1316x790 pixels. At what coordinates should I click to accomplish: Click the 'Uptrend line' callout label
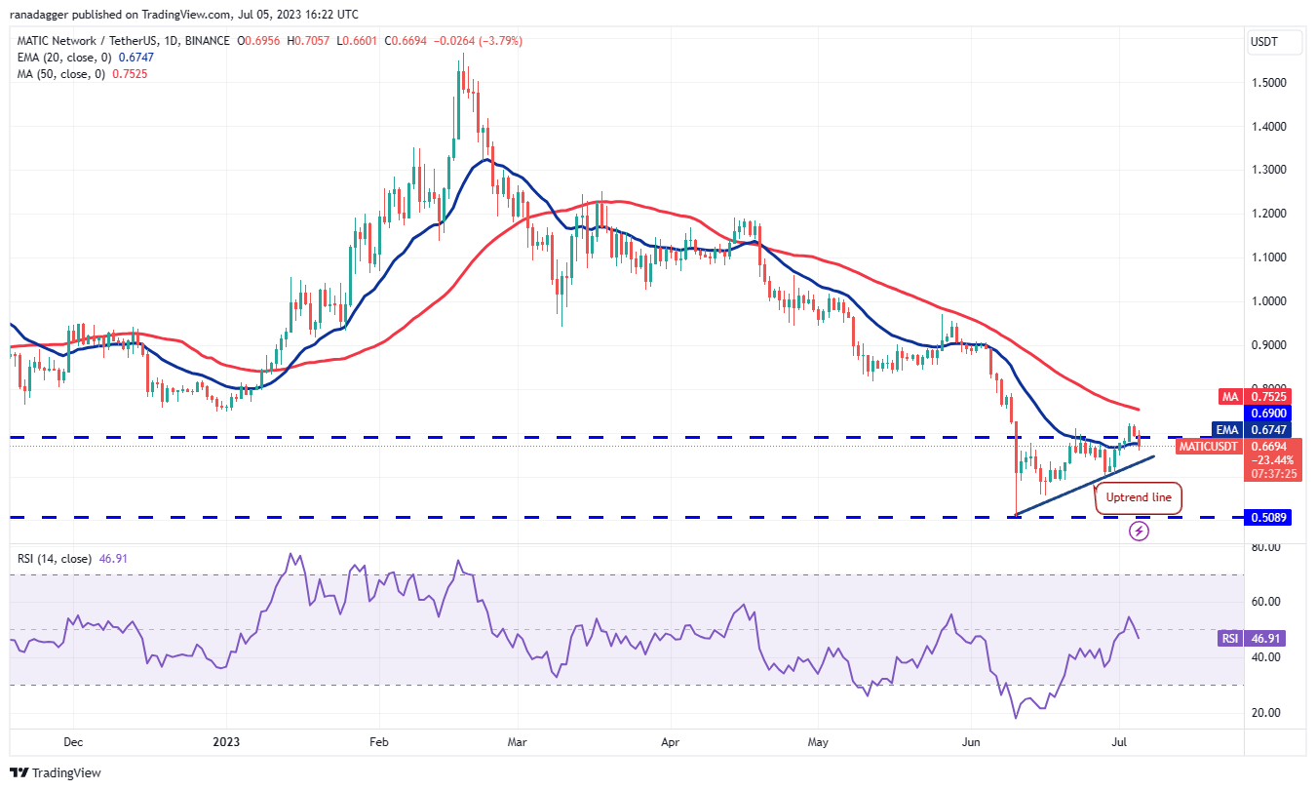click(x=1139, y=497)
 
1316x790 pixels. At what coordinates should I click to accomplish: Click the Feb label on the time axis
click(x=378, y=742)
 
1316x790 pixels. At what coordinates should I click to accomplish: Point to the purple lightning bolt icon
click(x=1140, y=531)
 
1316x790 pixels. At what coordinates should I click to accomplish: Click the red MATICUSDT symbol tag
click(x=1210, y=447)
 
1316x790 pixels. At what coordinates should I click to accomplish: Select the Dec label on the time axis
click(x=73, y=742)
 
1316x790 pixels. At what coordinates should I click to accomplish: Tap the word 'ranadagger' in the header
click(x=42, y=15)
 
